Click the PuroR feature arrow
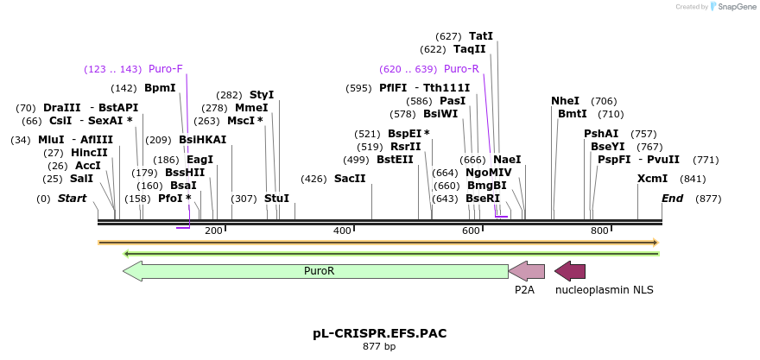pyautogui.click(x=315, y=271)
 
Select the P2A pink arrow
pyautogui.click(x=526, y=271)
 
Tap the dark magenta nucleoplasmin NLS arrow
pyautogui.click(x=570, y=271)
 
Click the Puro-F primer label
pyautogui.click(x=166, y=69)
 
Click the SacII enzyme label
pyautogui.click(x=350, y=179)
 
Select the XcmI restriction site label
pyautogui.click(x=652, y=179)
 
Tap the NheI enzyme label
pyautogui.click(x=565, y=101)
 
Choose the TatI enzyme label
pyautogui.click(x=481, y=36)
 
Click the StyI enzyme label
pyautogui.click(x=262, y=95)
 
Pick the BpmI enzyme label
pyautogui.click(x=160, y=88)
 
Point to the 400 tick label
pyautogui.click(x=342, y=231)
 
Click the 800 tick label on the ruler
pyautogui.click(x=599, y=231)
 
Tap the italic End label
pyautogui.click(x=673, y=199)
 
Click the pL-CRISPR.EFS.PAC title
pyautogui.click(x=379, y=333)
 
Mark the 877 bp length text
pyautogui.click(x=379, y=347)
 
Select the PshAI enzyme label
pyautogui.click(x=601, y=134)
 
